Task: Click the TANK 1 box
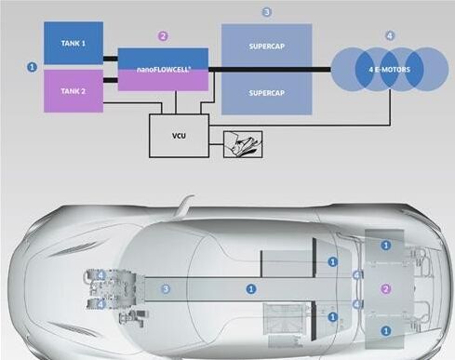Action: coord(74,43)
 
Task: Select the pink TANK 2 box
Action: coord(74,91)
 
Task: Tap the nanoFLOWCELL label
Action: coord(164,70)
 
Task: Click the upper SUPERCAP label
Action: coord(267,47)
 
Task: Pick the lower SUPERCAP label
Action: coord(267,93)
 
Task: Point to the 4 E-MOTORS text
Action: coord(390,70)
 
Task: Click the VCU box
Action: coord(179,136)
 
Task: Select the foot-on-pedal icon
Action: coord(243,144)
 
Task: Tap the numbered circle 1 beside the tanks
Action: coord(32,67)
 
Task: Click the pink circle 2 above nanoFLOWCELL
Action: coord(163,36)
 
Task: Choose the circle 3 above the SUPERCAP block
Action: coord(267,12)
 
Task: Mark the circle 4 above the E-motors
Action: coord(390,35)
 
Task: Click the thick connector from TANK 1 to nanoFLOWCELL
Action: coord(111,59)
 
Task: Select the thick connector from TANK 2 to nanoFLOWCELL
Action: coord(111,80)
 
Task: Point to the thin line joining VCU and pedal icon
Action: coord(216,144)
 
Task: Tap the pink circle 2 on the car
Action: coord(386,289)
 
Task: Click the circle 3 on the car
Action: coord(166,289)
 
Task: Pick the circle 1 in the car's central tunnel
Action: coord(251,289)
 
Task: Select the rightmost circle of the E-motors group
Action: coord(427,70)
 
